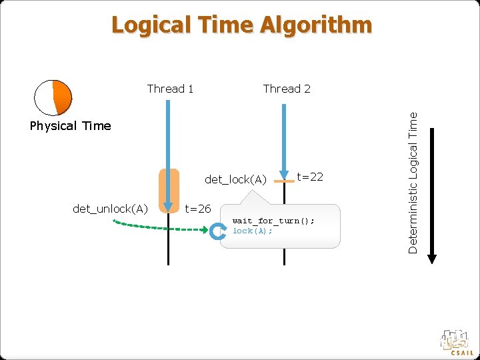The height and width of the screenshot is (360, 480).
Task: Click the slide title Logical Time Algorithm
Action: (241, 25)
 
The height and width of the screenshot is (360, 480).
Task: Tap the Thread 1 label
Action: (170, 89)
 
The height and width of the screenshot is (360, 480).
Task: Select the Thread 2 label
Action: (287, 89)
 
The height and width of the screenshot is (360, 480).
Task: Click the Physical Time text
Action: (71, 126)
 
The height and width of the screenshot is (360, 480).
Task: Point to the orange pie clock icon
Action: (53, 97)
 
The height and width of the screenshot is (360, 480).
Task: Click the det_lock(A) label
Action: (236, 179)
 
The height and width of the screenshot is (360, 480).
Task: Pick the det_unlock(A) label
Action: (110, 209)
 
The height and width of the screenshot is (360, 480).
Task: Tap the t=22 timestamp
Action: (310, 176)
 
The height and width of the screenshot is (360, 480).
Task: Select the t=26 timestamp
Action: (198, 209)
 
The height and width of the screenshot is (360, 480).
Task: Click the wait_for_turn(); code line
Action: (273, 221)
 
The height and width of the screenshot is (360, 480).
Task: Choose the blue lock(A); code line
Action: (253, 231)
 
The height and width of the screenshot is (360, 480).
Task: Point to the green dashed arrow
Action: (160, 227)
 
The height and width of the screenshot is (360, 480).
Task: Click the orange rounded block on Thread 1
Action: (169, 190)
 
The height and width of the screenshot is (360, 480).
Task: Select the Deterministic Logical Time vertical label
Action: (413, 182)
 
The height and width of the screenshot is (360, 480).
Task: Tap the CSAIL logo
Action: (457, 341)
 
